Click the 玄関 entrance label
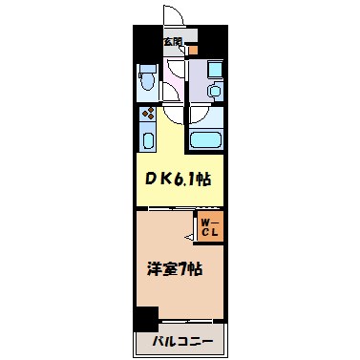[x=172, y=41]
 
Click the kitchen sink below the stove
[x=148, y=139]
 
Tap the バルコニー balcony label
[x=180, y=341]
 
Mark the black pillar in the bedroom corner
[x=145, y=320]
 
